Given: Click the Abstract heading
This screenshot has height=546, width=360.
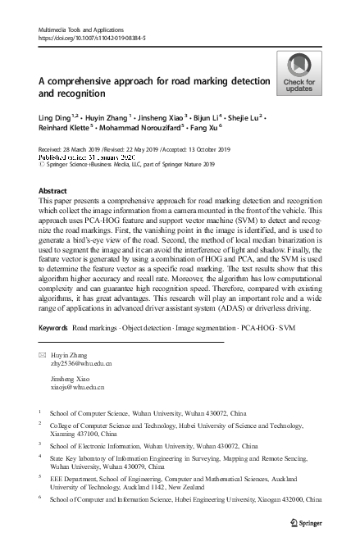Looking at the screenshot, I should click(53, 189).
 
